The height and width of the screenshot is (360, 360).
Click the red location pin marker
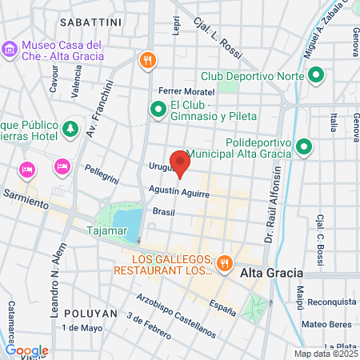[181, 163]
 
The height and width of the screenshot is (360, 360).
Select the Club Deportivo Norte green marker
[315, 77]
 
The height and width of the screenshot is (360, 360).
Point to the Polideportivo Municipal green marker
[303, 148]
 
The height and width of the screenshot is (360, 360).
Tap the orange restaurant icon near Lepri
[146, 60]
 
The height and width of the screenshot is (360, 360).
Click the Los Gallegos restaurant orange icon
[226, 262]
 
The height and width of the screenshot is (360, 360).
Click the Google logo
[26, 350]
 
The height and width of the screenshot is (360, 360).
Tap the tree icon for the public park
[71, 128]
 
